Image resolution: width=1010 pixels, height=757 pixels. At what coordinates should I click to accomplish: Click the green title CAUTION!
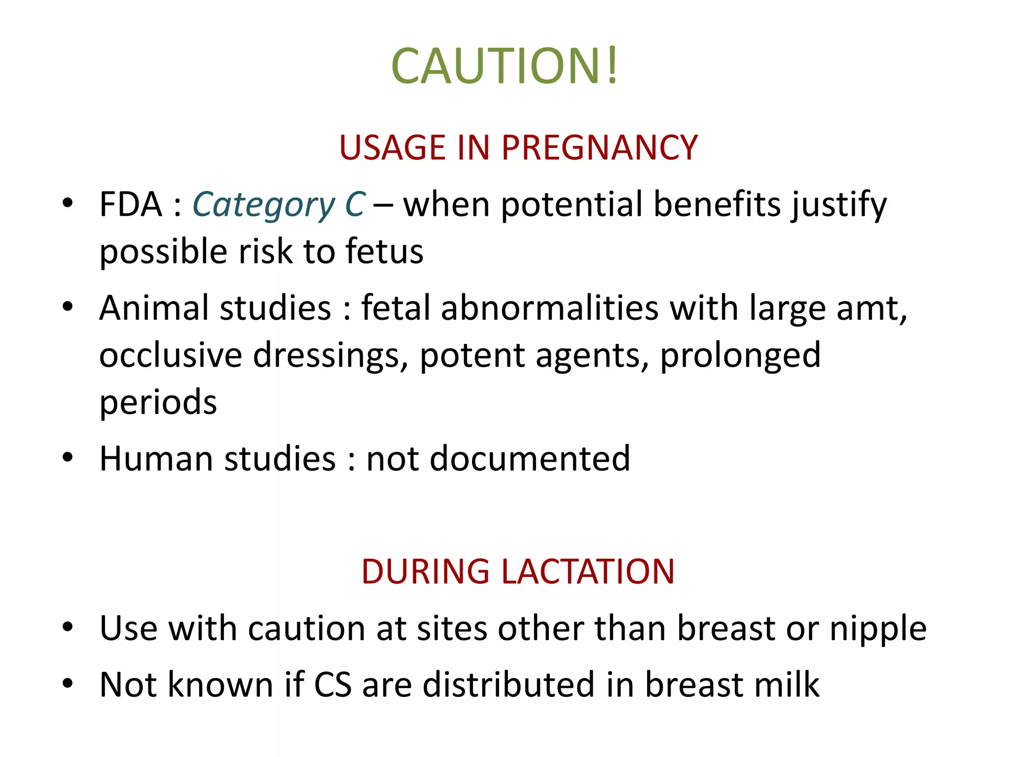click(504, 66)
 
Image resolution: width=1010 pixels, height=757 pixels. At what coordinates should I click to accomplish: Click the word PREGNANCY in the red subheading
click(599, 148)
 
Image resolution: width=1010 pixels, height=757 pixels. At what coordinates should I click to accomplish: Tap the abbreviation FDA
click(131, 205)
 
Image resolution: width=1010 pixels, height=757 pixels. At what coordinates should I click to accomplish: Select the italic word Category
click(264, 206)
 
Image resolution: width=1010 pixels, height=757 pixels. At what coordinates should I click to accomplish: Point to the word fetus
click(384, 251)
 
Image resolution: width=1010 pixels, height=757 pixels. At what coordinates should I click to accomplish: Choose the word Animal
click(155, 308)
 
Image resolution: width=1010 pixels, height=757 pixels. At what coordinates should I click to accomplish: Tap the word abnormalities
click(549, 308)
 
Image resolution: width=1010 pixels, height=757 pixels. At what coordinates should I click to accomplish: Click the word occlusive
click(171, 355)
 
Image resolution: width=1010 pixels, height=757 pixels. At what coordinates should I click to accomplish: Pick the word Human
click(155, 459)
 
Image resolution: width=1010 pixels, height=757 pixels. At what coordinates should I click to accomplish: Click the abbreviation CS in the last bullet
click(333, 685)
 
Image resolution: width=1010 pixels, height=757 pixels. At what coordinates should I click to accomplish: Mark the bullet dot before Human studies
click(68, 458)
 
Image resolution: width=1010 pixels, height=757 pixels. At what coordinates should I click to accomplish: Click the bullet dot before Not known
click(68, 684)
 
